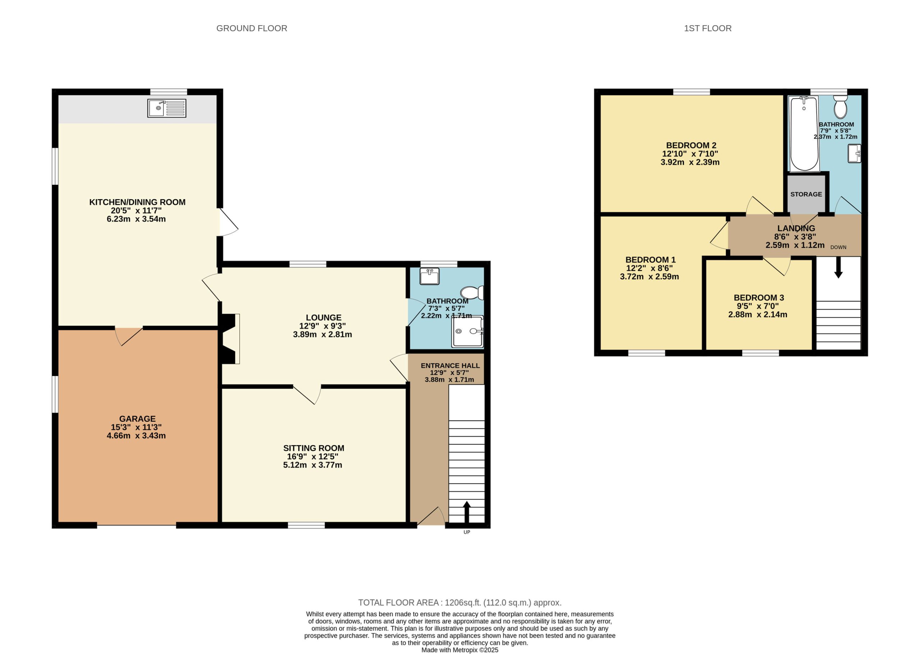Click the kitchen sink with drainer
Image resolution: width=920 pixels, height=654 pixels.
167,108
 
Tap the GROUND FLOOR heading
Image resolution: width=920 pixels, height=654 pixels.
252,28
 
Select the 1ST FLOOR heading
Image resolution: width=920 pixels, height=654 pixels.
708,28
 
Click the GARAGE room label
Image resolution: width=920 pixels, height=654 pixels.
137,419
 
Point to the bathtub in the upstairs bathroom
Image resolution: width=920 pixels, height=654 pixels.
804,134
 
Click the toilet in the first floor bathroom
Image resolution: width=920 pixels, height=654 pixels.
840,106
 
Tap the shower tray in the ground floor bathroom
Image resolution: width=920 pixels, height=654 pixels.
468,332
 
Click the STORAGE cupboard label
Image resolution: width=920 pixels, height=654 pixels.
806,194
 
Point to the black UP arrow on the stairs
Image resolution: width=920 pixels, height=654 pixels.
467,512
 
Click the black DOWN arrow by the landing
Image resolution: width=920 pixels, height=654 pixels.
838,267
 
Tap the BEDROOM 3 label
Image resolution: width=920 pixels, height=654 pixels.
759,298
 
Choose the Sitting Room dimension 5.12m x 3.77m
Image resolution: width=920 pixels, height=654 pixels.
313,465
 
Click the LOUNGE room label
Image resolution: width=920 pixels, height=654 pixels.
323,317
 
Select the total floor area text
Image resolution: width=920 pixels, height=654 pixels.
460,603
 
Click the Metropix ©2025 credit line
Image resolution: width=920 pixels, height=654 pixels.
460,650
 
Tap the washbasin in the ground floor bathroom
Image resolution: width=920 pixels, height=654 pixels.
429,276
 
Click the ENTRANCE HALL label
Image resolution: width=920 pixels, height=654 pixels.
450,366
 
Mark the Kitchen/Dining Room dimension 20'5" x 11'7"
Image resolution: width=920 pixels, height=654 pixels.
137,211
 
